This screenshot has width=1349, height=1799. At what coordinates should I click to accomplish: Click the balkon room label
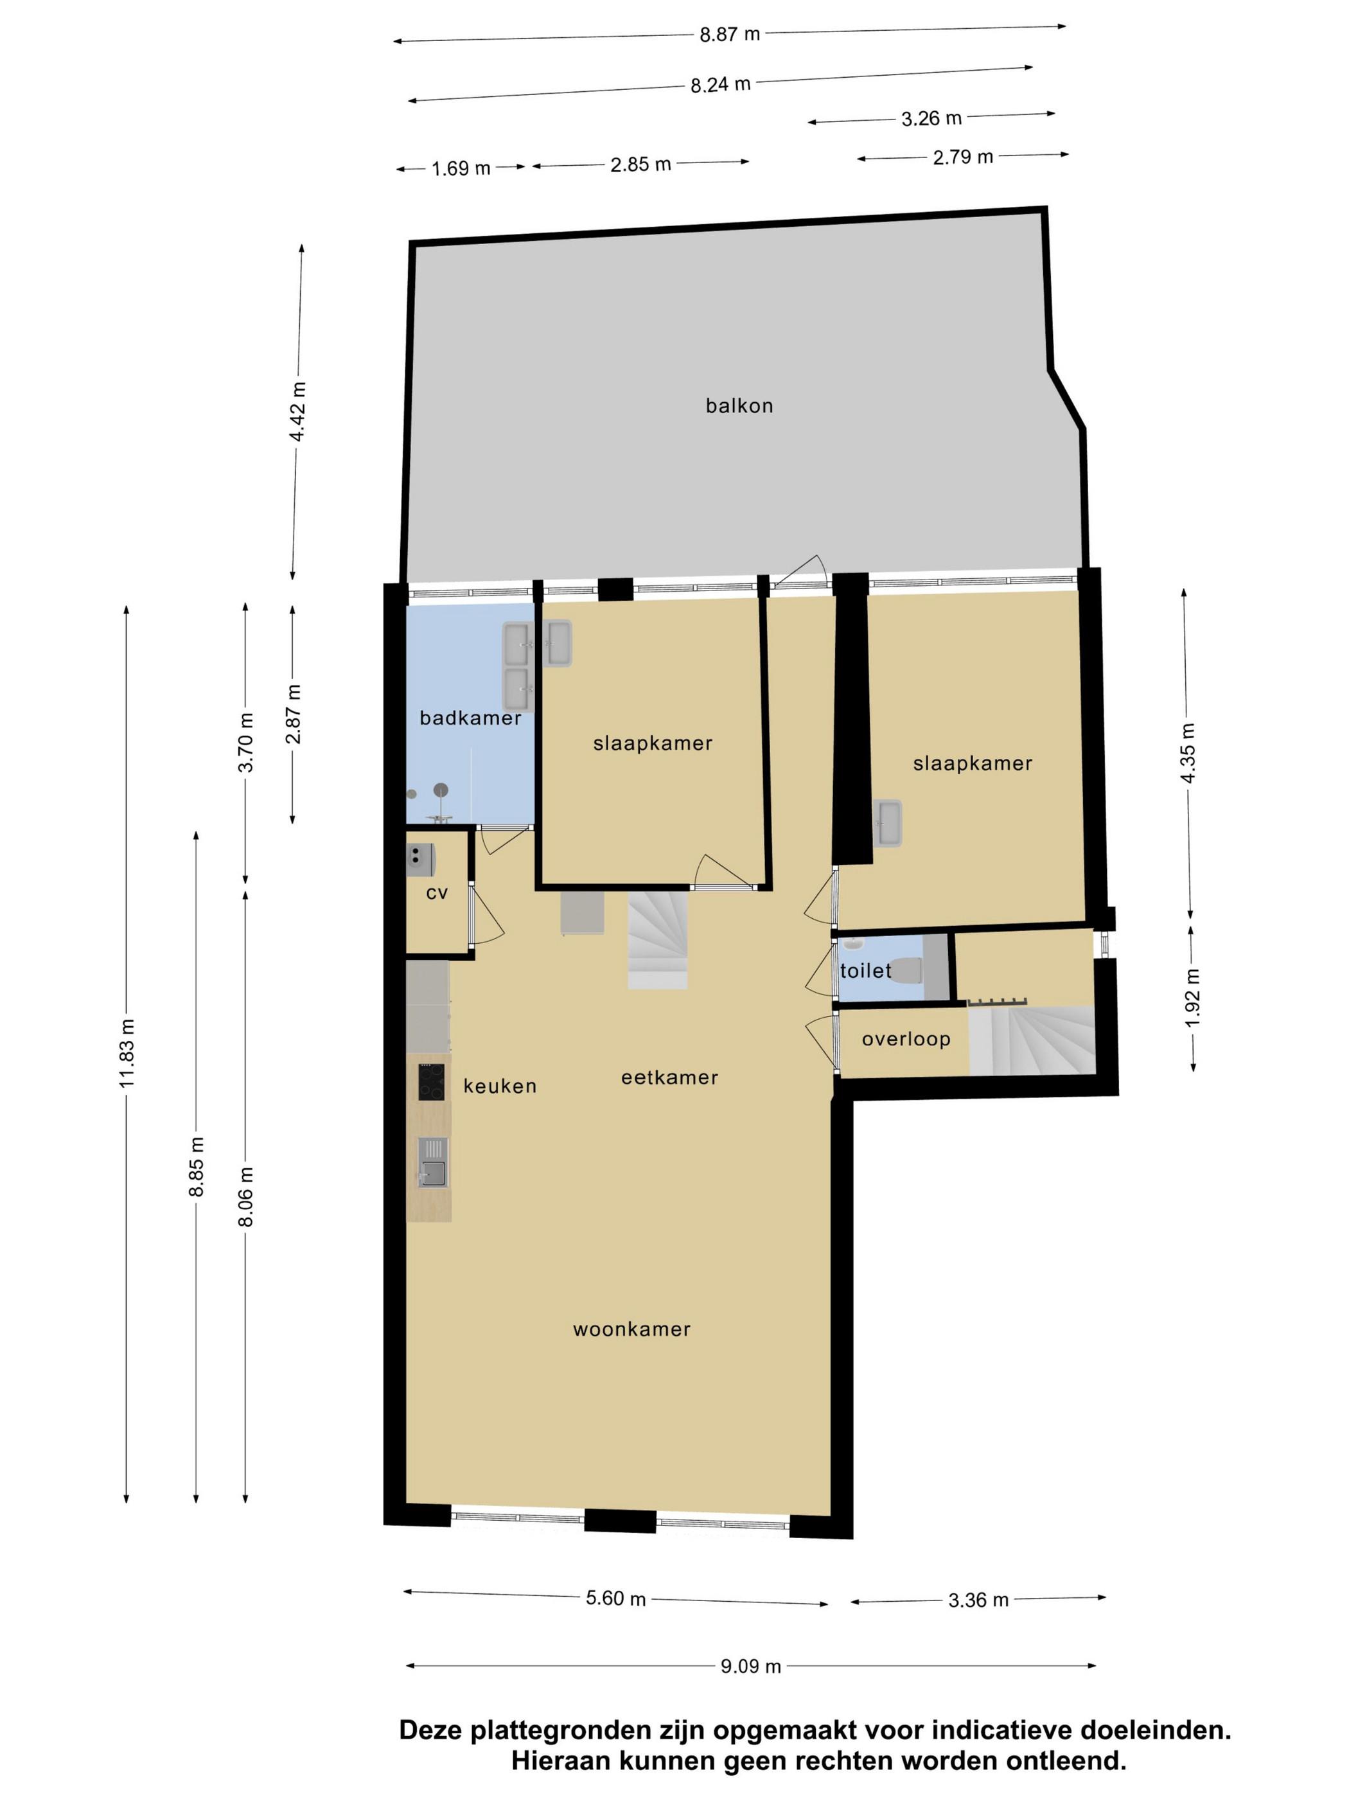coord(738,405)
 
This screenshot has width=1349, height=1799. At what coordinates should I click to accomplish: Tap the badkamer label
coord(470,717)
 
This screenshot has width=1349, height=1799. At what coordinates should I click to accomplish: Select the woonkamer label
coord(631,1329)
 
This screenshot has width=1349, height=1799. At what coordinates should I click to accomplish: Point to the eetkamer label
coord(669,1077)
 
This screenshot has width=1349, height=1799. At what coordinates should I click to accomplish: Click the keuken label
coord(499,1086)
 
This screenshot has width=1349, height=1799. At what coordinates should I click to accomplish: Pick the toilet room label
coord(865,970)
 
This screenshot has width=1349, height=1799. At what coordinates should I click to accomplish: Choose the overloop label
coord(906,1038)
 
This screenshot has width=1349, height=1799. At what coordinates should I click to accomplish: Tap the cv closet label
coord(437,893)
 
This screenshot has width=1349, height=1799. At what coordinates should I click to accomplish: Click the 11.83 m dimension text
coord(127,1052)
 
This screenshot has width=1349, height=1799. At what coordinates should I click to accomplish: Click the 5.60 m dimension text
coord(615,1598)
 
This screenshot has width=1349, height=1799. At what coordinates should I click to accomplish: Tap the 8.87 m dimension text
coord(729,34)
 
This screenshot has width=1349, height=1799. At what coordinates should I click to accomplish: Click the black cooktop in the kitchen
coord(431,1082)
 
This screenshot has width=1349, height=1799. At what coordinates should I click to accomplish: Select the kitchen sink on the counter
coord(432,1162)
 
